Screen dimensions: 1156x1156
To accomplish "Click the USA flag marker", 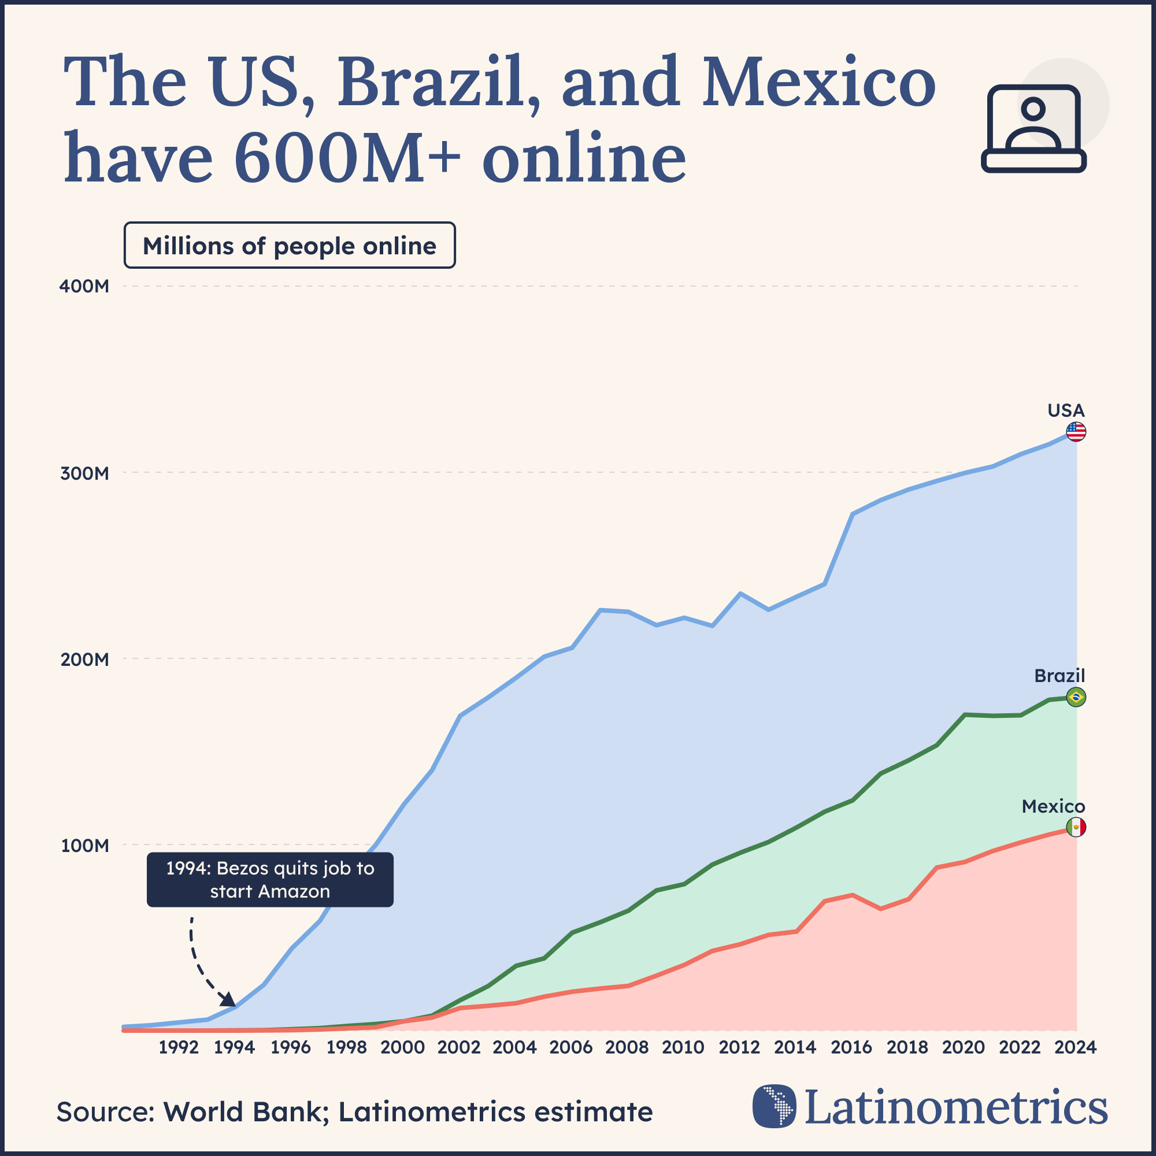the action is click(1076, 431).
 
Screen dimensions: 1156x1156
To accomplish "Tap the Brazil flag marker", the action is click(1076, 697).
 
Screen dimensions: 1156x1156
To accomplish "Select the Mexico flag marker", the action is click(1076, 828).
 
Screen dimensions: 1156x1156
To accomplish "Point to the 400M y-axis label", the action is click(84, 286).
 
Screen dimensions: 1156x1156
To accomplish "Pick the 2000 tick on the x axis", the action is click(403, 1047).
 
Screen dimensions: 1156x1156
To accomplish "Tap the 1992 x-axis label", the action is click(178, 1047).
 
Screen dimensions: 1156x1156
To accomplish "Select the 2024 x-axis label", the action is click(1075, 1047).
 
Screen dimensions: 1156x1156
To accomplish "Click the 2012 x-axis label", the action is click(739, 1047).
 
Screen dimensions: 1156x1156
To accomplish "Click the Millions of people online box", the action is click(290, 245).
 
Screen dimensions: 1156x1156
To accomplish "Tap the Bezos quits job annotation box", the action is click(270, 880).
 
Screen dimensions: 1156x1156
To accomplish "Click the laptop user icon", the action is click(1033, 129).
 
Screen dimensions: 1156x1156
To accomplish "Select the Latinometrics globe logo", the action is click(775, 1106).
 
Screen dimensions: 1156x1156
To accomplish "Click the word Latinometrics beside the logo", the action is click(956, 1107).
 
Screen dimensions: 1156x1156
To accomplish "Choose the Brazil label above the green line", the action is click(1059, 676).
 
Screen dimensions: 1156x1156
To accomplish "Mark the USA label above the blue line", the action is click(1066, 410).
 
